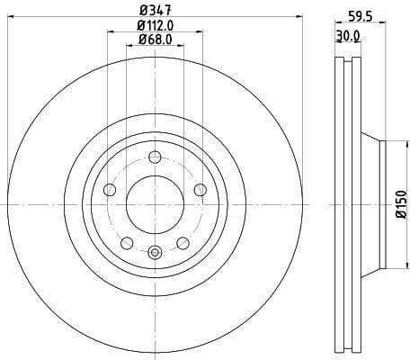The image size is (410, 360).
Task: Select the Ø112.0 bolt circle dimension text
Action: click(154, 26)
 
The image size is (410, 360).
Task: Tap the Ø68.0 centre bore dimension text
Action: click(154, 41)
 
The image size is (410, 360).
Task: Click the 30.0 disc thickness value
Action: click(348, 35)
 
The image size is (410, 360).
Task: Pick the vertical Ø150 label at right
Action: click(400, 206)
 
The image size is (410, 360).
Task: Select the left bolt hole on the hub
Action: click(110, 189)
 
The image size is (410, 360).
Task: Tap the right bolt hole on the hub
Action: click(200, 189)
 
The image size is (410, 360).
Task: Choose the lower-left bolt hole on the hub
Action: click(126, 242)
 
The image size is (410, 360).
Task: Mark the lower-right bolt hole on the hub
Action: click(183, 242)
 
